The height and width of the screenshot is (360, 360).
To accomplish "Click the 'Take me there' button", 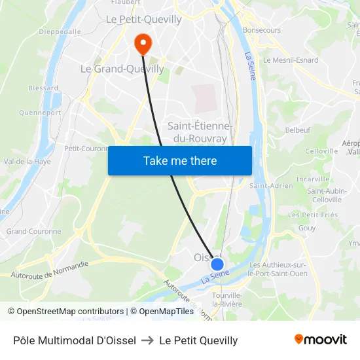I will click(179, 160).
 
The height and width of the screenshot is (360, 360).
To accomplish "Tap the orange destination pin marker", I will click(142, 43).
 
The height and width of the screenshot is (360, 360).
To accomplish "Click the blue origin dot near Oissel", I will click(217, 264).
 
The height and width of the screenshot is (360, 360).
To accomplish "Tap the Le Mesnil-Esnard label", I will click(291, 60).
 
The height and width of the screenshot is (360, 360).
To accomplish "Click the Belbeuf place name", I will click(298, 130).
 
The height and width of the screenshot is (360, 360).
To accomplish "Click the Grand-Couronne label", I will click(33, 231).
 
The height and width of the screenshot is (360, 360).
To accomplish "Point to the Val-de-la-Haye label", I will click(27, 161).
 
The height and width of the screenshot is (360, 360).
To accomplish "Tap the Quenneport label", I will click(40, 113).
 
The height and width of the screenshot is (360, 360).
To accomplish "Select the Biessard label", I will click(43, 88).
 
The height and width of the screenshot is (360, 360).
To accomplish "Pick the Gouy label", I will click(306, 228).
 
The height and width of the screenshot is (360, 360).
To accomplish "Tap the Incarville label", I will click(313, 179).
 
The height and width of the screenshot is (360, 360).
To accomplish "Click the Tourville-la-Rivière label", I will click(226, 300).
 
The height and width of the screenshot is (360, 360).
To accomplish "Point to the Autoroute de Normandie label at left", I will click(50, 269).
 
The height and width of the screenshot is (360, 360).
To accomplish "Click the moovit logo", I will click(320, 340).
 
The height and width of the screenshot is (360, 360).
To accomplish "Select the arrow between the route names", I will click(147, 340).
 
